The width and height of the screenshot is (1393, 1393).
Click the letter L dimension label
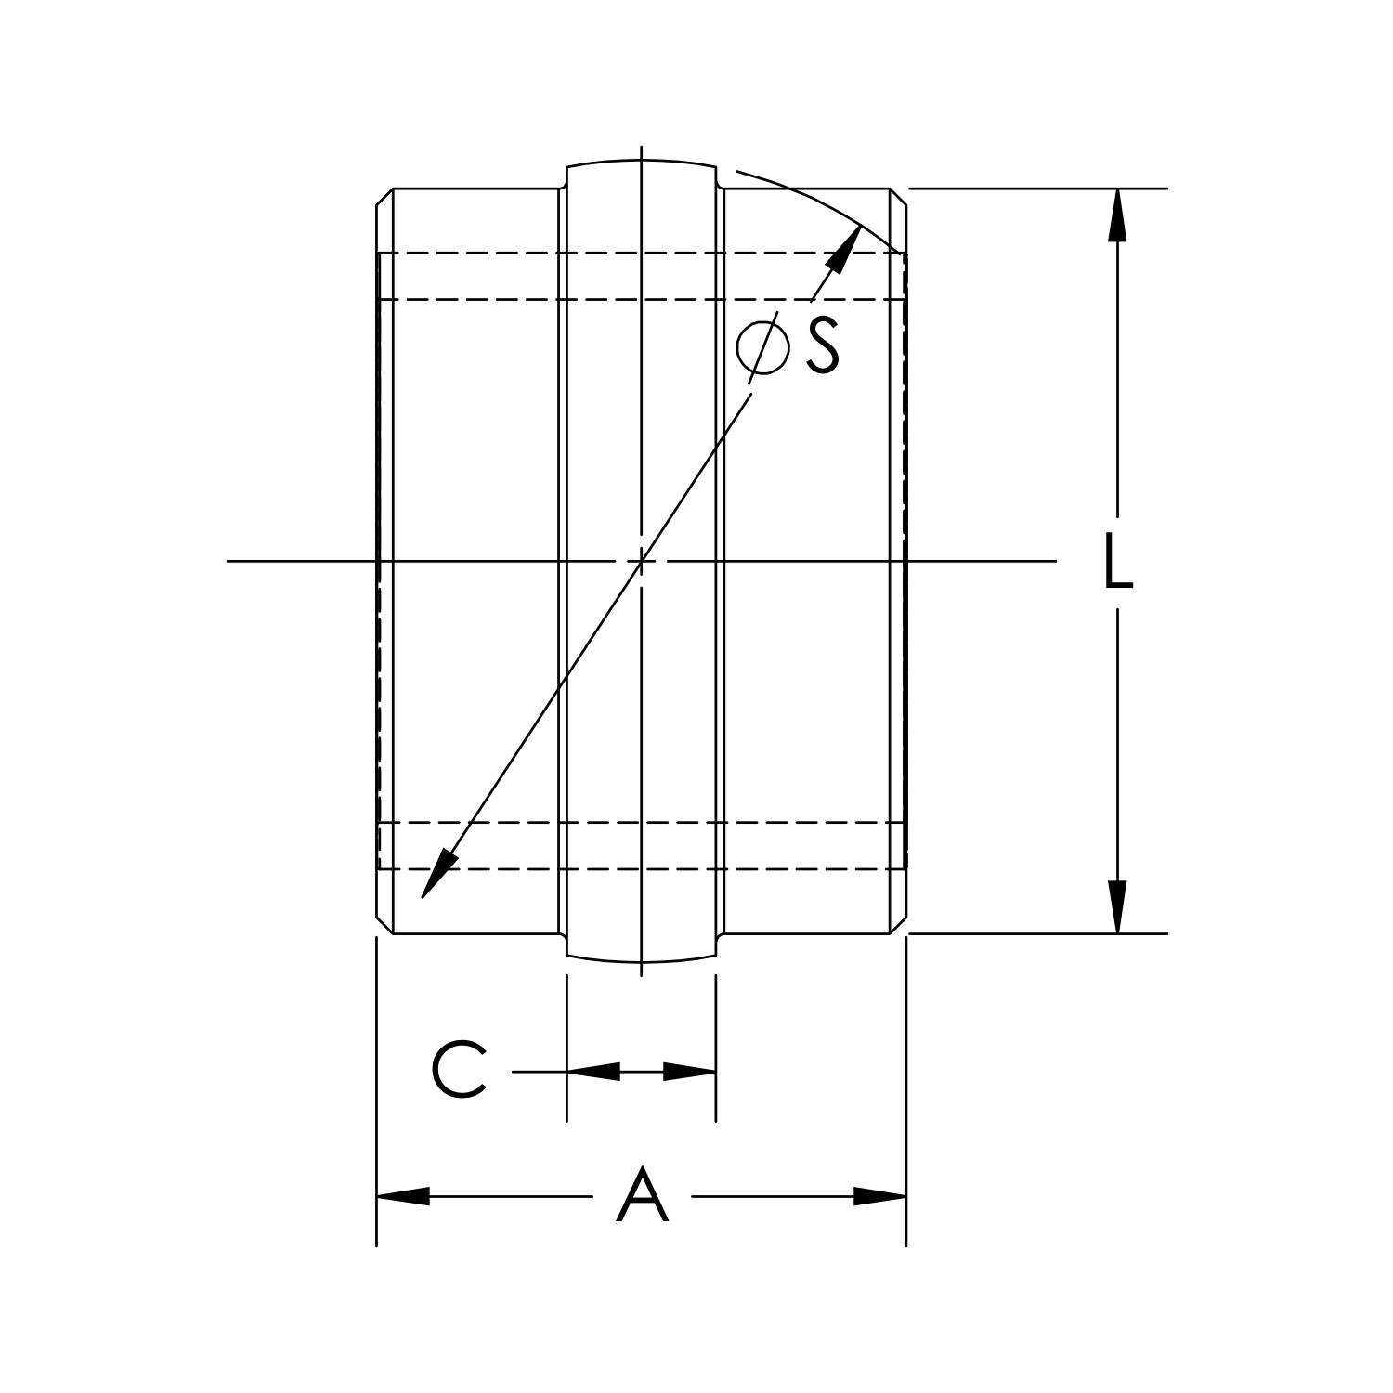1118,562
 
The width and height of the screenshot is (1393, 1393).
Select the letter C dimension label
459,1071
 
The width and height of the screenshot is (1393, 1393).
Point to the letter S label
822,345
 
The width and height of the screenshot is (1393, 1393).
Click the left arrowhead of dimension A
403,1196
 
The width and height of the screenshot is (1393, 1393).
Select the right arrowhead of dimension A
879,1196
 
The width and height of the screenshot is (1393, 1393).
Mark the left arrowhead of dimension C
592,1072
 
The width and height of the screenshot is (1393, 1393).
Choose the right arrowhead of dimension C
690,1072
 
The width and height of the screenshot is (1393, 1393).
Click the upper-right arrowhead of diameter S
843,248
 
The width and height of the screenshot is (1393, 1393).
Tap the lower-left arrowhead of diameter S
437,874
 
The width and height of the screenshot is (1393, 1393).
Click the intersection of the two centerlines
641,561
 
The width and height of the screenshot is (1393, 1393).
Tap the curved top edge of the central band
641,161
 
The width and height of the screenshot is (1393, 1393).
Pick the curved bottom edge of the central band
641,961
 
